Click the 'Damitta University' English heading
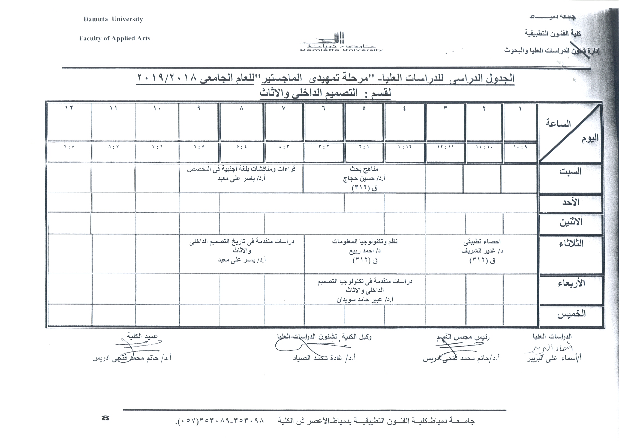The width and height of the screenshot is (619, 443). pos(113,19)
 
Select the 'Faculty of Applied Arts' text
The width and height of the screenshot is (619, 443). pos(115,38)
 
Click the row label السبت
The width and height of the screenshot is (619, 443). pos(570,171)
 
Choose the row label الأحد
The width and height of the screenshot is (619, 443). pos(570,202)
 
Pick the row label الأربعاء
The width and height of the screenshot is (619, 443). pos(571,283)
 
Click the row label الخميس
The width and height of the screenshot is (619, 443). pos(571,314)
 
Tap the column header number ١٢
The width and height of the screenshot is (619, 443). pos(69,108)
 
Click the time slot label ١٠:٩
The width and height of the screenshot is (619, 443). pos(520,147)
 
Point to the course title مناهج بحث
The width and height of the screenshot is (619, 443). pos(364,169)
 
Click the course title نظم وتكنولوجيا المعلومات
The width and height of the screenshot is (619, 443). pos(365,242)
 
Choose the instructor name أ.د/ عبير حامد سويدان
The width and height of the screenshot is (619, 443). pos(365,300)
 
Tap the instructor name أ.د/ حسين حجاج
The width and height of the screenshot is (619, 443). pos(364,178)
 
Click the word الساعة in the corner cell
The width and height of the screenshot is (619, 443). pos(558,124)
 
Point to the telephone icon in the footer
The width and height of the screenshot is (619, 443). pos(105,418)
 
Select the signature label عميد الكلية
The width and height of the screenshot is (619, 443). pos(142,336)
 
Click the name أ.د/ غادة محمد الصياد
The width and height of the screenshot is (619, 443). pos(324,358)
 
